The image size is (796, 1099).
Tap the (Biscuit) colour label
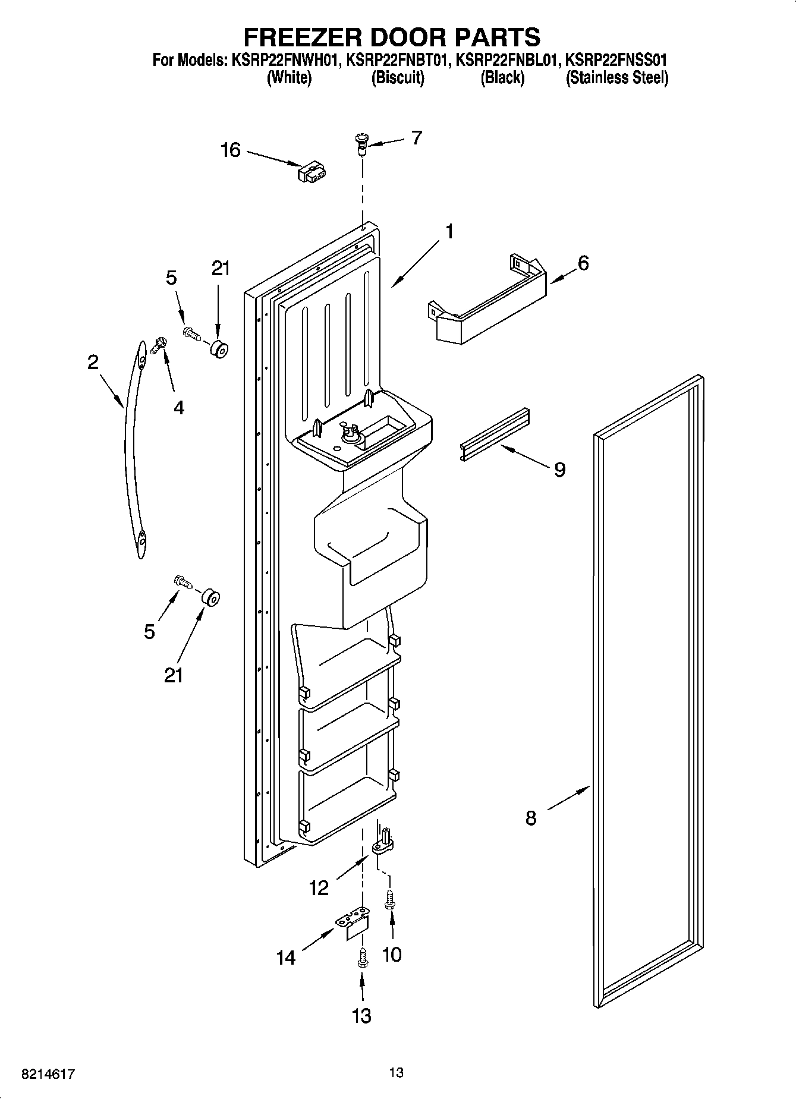(398, 78)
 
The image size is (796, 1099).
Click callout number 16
(231, 150)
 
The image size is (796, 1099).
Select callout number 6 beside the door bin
(583, 262)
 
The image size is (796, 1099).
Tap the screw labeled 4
(160, 345)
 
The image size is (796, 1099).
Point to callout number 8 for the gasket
(531, 818)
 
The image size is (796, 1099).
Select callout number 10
(392, 954)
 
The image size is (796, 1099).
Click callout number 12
(319, 888)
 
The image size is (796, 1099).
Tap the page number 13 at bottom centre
(397, 1072)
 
